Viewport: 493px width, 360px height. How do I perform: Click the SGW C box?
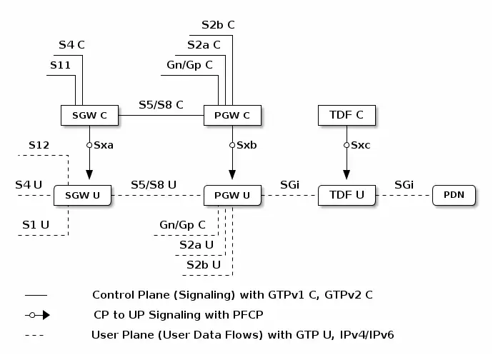[x=89, y=114]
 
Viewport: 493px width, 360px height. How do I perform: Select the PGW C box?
[x=231, y=114]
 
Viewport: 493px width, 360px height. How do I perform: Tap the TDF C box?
[x=346, y=114]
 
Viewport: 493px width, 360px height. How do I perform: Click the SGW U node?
[x=82, y=195]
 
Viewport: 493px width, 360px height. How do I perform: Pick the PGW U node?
[x=231, y=195]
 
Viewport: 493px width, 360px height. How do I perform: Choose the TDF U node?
[x=346, y=194]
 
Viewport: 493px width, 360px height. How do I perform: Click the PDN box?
[x=454, y=194]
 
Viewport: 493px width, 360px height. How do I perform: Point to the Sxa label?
[x=104, y=145]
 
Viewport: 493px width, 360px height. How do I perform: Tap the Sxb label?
[x=246, y=145]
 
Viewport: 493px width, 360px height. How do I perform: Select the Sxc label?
[x=361, y=145]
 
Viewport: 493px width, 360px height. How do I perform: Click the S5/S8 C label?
[x=161, y=104]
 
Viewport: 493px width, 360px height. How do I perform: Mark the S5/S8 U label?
[x=154, y=185]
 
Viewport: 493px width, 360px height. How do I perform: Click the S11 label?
[x=60, y=65]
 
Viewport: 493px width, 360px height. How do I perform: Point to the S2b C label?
[x=218, y=25]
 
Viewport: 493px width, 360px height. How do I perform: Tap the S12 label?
[x=39, y=145]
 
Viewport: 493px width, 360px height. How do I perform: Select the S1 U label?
[x=35, y=224]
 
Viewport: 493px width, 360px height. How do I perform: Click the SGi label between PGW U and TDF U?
[x=289, y=185]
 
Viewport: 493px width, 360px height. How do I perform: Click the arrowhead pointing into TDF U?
[x=346, y=175]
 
